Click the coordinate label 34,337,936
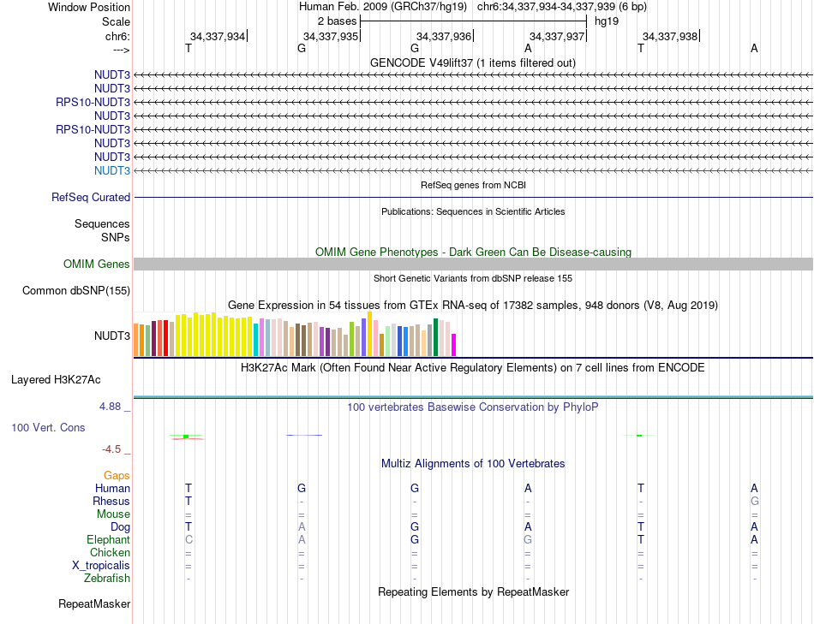(444, 36)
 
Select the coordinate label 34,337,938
(670, 36)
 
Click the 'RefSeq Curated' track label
(91, 197)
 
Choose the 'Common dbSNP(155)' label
(76, 290)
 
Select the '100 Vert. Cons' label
(48, 426)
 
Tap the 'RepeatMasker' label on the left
(94, 604)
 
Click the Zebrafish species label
(107, 579)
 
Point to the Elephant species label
(108, 540)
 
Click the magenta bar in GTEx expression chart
(453, 344)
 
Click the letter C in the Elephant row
(189, 540)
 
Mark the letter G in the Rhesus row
(754, 501)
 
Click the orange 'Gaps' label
(117, 475)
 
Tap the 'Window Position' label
(89, 7)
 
